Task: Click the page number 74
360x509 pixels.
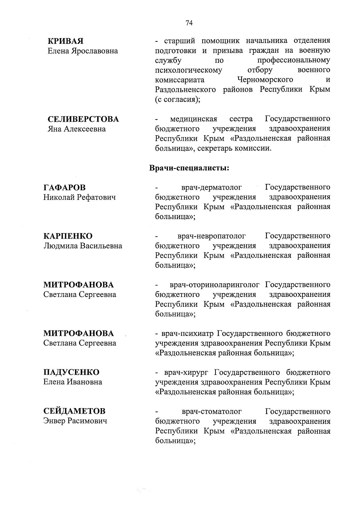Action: coord(189,23)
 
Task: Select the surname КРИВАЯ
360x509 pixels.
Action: coord(66,41)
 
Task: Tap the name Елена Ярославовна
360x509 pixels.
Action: coord(83,51)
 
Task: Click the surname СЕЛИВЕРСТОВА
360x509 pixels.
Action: coord(83,119)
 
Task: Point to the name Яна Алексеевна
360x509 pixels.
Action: coord(77,129)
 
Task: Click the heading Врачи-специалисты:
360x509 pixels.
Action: coord(190,168)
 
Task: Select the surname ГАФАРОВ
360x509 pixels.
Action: coord(64,188)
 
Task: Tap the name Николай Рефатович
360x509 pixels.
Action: coord(79,197)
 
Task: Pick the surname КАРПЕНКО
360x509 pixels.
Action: coord(68,236)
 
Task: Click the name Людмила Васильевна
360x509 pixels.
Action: coord(83,246)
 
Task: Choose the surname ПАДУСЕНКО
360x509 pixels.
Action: coord(71,372)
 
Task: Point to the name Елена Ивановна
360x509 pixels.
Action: coord(73,382)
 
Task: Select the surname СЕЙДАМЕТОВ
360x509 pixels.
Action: coord(74,411)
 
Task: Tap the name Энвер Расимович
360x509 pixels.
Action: coord(75,421)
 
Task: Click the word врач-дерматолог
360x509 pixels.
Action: coord(211,188)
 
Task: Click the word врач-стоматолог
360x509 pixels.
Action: coord(211,411)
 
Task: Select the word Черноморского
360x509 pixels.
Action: coord(265,80)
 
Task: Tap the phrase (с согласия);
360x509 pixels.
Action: coord(178,99)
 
